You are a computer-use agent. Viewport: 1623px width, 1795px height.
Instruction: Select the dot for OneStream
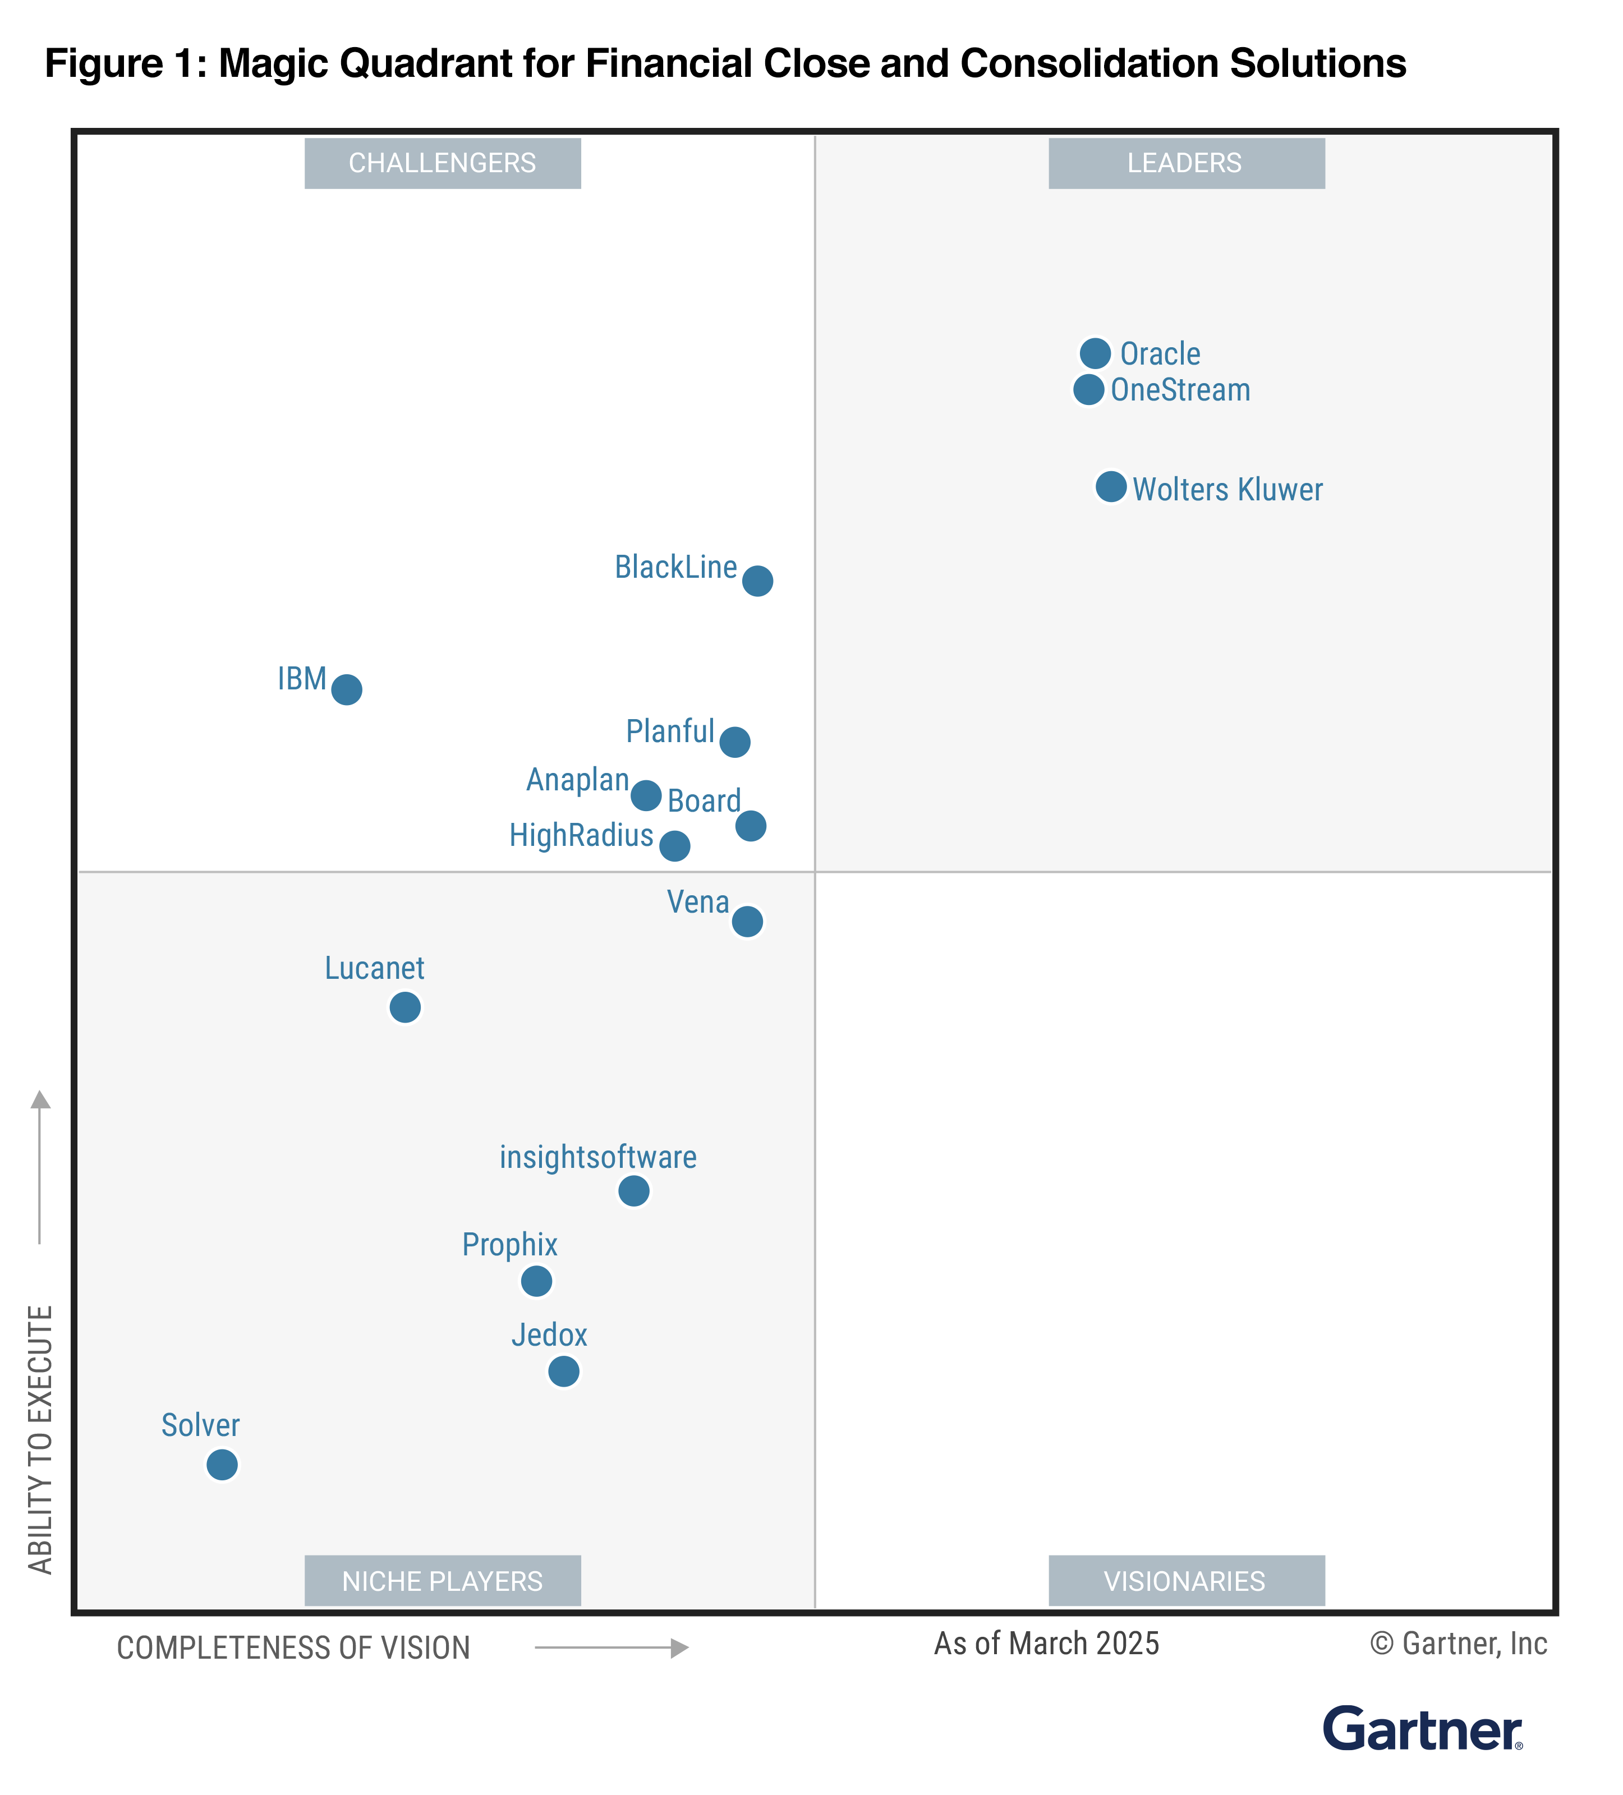click(x=1088, y=389)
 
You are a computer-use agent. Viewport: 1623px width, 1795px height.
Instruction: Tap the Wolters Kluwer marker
click(x=1110, y=486)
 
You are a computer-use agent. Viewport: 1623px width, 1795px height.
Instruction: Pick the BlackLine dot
click(x=757, y=581)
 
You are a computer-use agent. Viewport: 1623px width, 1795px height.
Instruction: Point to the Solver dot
click(x=222, y=1464)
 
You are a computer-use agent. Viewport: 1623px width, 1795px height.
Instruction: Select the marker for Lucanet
click(x=405, y=1007)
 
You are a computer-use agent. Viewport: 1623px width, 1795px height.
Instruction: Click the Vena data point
click(x=747, y=920)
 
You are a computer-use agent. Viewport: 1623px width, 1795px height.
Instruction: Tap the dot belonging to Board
click(x=751, y=825)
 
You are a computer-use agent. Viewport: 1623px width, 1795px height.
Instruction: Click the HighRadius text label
click(x=581, y=835)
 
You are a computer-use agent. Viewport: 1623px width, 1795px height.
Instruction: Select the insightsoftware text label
click(x=597, y=1157)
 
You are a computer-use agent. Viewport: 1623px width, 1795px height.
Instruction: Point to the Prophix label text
click(x=509, y=1244)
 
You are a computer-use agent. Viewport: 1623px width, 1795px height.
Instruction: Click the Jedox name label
click(x=549, y=1334)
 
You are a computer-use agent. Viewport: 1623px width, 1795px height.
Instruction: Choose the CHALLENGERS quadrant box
click(x=443, y=163)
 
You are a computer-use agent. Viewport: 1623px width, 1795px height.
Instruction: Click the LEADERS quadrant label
click(x=1185, y=163)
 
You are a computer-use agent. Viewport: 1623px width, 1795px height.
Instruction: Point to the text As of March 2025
click(x=1046, y=1643)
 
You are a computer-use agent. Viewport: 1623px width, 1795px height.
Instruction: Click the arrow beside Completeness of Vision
click(x=612, y=1647)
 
